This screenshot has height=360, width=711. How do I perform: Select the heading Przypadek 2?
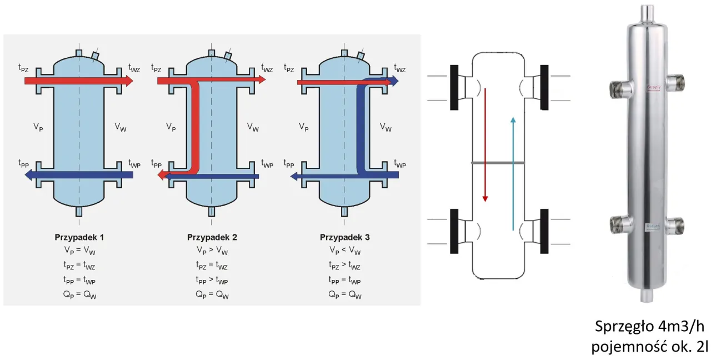pyautogui.click(x=212, y=237)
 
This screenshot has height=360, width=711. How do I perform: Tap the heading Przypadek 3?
pyautogui.click(x=344, y=237)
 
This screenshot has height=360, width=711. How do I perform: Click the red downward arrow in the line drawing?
pyautogui.click(x=485, y=144)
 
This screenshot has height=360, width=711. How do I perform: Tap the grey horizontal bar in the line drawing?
pyautogui.click(x=498, y=163)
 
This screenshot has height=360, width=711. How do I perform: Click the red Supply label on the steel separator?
pyautogui.click(x=654, y=88)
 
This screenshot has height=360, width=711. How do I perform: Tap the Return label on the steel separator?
pyautogui.click(x=653, y=226)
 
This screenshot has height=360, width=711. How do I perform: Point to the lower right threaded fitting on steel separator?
pyautogui.click(x=675, y=226)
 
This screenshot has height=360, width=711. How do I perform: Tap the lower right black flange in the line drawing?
pyautogui.click(x=544, y=228)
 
